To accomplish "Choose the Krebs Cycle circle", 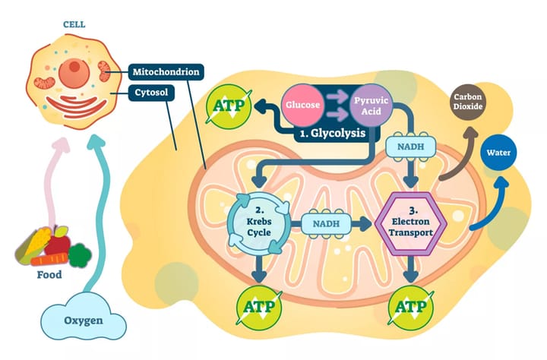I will pyautogui.click(x=258, y=223).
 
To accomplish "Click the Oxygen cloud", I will pyautogui.click(x=83, y=320).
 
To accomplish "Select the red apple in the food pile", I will pyautogui.click(x=58, y=243).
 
